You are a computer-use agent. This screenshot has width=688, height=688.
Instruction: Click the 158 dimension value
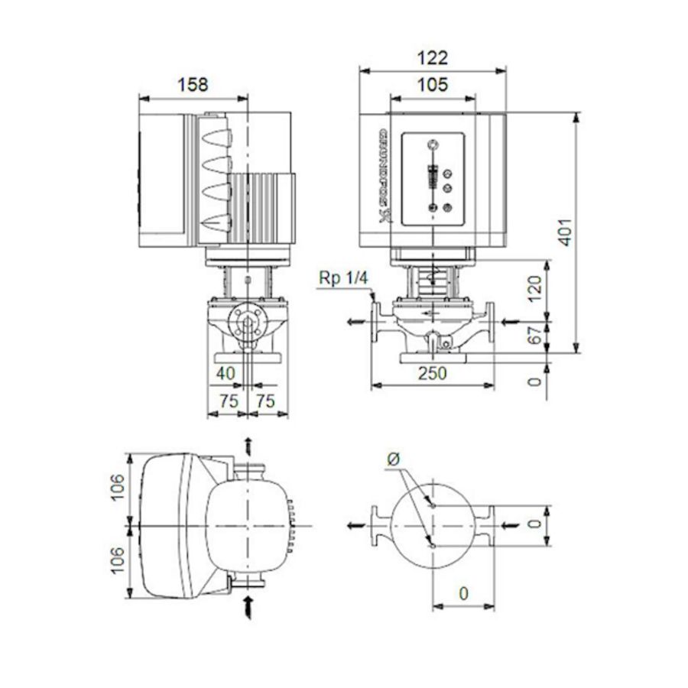192,85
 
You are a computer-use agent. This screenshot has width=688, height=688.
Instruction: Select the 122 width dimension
433,58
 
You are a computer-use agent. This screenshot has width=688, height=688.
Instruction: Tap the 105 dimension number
432,85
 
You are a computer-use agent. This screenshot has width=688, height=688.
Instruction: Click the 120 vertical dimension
535,285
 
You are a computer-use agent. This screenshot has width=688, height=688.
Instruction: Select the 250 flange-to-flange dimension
432,372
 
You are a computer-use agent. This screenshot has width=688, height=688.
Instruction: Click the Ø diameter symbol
394,460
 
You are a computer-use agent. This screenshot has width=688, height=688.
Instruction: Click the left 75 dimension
228,401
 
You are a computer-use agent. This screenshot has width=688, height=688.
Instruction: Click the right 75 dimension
266,401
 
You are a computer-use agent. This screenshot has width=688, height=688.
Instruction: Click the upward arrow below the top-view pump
247,608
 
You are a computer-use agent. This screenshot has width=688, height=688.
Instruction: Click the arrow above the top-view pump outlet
247,445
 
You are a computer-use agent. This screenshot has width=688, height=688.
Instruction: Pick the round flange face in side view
247,323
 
